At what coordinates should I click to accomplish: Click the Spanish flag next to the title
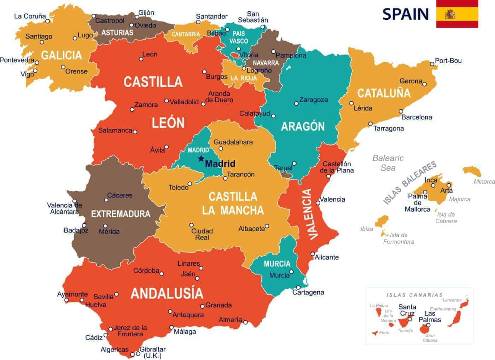click(457, 14)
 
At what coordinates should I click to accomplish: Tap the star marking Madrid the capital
click(201, 158)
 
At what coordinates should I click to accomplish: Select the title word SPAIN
click(405, 14)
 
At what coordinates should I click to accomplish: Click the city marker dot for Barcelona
click(401, 111)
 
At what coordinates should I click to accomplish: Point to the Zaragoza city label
click(313, 100)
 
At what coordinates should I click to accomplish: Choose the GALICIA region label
click(62, 55)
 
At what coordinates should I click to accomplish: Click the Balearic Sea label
click(388, 163)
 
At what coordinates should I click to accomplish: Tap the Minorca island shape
click(472, 172)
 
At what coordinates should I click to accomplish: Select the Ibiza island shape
click(382, 222)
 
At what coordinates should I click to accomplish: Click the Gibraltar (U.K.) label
click(152, 352)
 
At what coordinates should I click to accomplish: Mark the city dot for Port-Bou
click(432, 64)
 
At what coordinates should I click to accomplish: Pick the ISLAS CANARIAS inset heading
click(414, 295)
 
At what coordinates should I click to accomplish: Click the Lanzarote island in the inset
click(464, 303)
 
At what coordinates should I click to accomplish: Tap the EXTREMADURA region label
click(121, 214)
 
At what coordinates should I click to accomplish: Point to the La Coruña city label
click(30, 16)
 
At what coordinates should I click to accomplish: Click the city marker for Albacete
click(267, 226)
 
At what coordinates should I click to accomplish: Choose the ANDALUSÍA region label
click(167, 293)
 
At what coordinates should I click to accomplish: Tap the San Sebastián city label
click(253, 17)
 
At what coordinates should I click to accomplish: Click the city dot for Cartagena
click(298, 288)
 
